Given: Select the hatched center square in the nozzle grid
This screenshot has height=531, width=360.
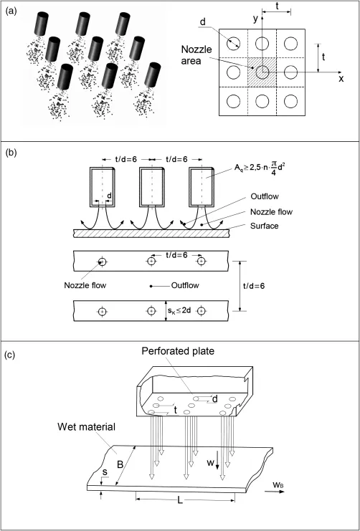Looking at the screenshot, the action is point(262,72).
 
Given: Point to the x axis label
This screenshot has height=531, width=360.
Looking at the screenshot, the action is point(341,79).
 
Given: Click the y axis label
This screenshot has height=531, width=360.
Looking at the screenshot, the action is point(257,19).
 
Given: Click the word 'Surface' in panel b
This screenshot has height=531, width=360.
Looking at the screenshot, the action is point(265,226).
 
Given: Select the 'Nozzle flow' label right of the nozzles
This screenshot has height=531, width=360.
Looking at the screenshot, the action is point(271,212).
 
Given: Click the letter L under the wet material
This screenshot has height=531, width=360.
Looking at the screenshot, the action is point(180,500).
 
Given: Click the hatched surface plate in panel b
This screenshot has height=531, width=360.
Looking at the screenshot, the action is point(151,234).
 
